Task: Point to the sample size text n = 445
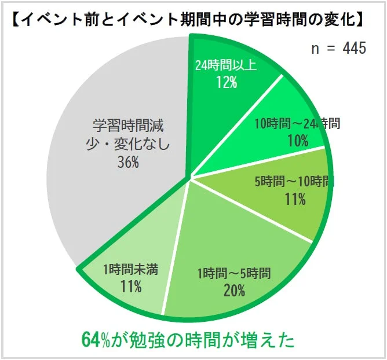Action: point(338,48)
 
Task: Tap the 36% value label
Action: point(127,163)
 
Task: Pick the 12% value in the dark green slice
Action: point(225,82)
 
